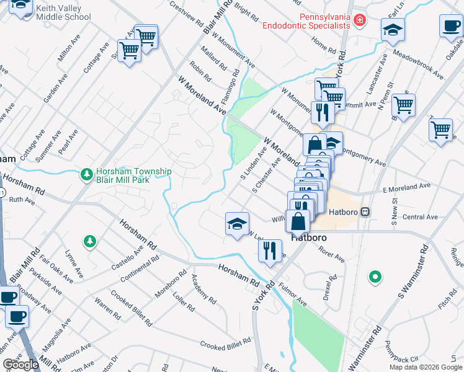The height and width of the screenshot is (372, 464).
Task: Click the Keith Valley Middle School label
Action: click(x=63, y=12)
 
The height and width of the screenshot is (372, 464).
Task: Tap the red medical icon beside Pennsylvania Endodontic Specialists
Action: click(x=359, y=22)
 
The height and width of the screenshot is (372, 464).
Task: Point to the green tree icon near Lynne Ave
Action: click(x=91, y=241)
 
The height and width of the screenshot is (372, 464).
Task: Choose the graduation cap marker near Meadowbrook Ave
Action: click(x=392, y=29)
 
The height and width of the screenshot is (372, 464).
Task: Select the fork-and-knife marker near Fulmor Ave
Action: click(x=269, y=250)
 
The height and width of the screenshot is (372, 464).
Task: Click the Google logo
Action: click(x=20, y=365)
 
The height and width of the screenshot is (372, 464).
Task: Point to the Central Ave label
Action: click(x=420, y=217)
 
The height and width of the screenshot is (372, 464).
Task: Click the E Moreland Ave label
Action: click(x=406, y=186)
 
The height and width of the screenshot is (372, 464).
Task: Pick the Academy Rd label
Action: click(x=203, y=290)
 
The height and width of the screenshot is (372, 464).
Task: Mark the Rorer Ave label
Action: click(x=331, y=254)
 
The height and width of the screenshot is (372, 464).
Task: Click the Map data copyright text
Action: click(x=425, y=367)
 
